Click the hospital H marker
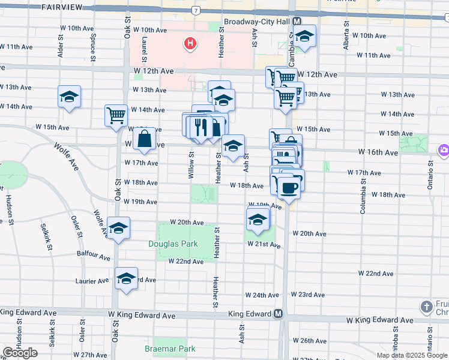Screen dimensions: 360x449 (190, 43)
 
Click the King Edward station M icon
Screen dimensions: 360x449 (279, 314)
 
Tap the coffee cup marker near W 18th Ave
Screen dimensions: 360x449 (289, 187)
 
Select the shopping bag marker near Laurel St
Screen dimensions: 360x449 (145, 140)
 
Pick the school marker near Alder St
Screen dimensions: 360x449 (70, 96)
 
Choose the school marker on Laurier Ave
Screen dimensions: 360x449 (126, 278)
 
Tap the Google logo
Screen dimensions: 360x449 (20, 353)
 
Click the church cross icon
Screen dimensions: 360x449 (427, 307)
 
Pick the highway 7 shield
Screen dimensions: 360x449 (196, 10)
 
